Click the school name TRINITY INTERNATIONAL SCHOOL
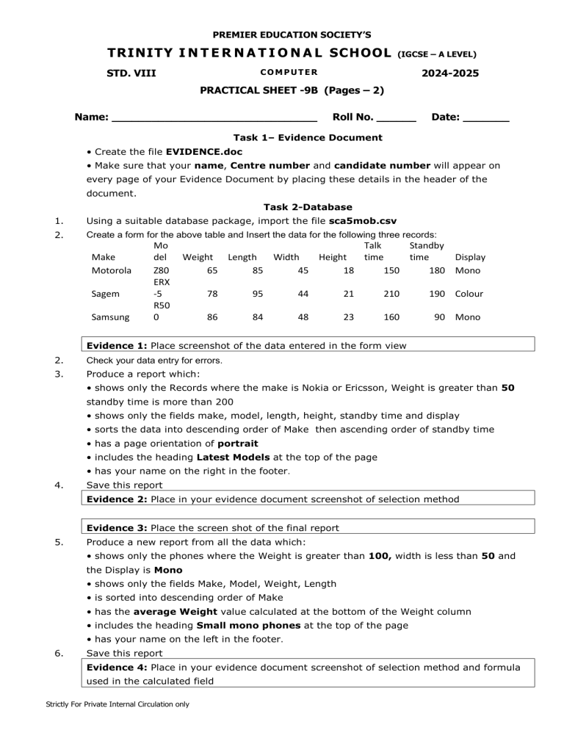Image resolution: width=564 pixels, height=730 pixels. pyautogui.click(x=249, y=53)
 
